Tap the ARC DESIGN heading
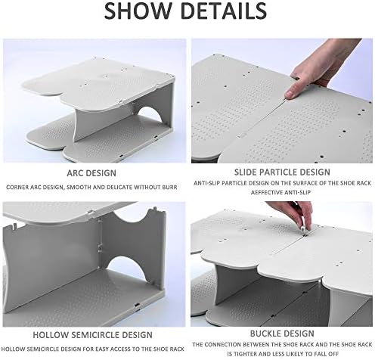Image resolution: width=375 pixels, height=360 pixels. point(91,173)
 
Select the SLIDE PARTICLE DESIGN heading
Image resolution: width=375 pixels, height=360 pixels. point(282,172)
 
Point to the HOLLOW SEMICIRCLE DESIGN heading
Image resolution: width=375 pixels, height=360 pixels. point(93,335)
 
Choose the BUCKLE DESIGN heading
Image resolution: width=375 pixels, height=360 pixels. point(282,334)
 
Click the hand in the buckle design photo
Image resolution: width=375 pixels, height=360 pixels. point(293,214)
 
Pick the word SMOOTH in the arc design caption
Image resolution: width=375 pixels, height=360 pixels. point(76,188)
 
